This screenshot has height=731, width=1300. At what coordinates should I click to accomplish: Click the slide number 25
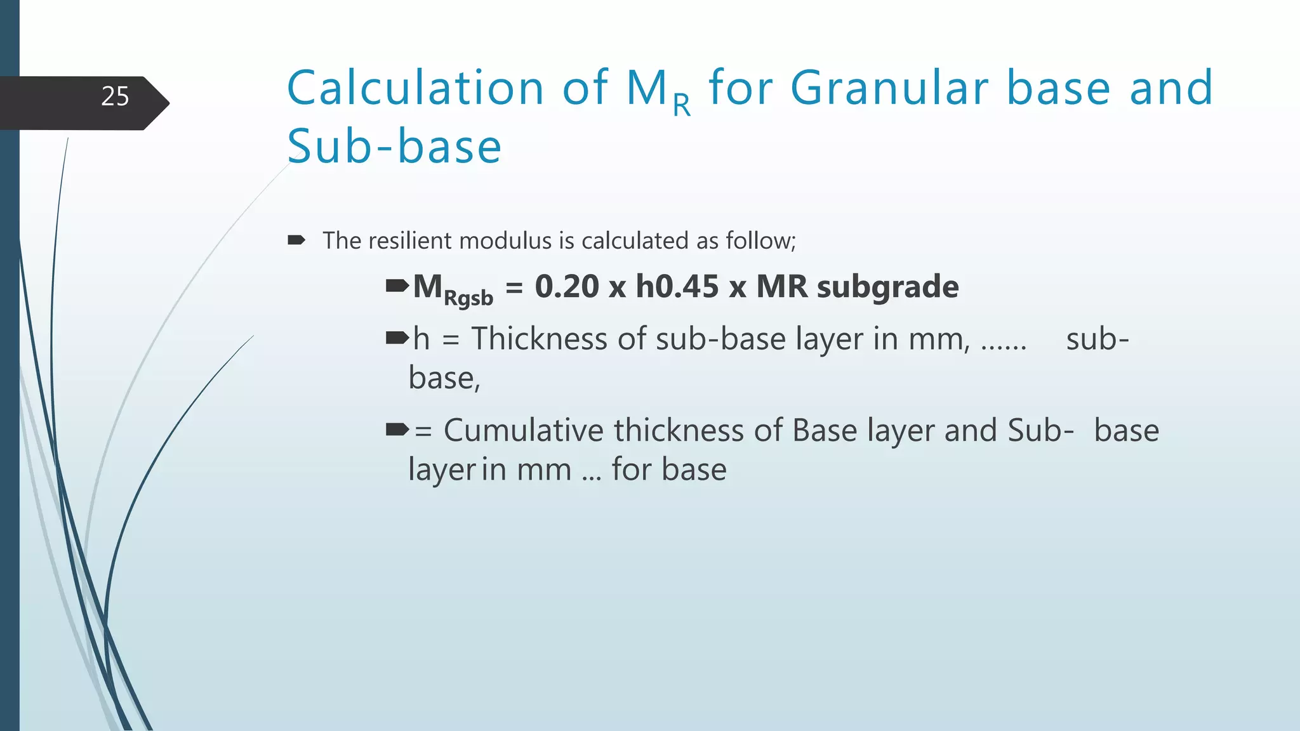click(115, 96)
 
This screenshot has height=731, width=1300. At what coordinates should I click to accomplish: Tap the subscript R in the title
click(682, 105)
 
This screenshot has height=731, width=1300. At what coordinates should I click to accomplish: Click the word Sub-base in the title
click(394, 147)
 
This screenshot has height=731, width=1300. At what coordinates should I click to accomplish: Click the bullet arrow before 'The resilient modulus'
click(296, 240)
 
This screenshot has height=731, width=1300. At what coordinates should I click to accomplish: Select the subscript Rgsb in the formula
click(468, 298)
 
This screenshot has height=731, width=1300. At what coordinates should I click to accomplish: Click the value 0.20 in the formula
click(567, 287)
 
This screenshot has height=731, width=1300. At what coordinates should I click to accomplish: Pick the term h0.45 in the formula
click(677, 287)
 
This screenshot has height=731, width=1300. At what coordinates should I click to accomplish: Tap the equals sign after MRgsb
click(514, 288)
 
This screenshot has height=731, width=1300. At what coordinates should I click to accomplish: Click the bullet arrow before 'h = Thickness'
click(397, 338)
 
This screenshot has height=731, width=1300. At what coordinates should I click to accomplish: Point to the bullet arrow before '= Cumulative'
click(397, 430)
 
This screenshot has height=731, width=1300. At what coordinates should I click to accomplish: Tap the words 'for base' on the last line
click(669, 470)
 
